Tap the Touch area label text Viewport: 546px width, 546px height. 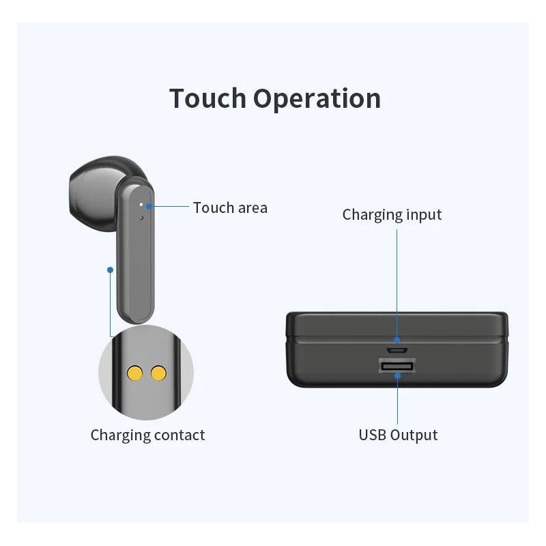tap(230, 207)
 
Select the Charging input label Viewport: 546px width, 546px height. tap(392, 215)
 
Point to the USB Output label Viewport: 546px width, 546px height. tap(398, 435)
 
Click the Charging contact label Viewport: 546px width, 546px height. tap(147, 435)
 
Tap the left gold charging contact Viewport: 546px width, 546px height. tap(135, 373)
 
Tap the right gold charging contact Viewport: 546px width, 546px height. tap(159, 373)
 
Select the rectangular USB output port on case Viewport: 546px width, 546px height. tap(397, 367)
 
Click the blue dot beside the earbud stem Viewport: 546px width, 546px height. tap(110, 270)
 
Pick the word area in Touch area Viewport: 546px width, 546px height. tap(251, 207)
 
